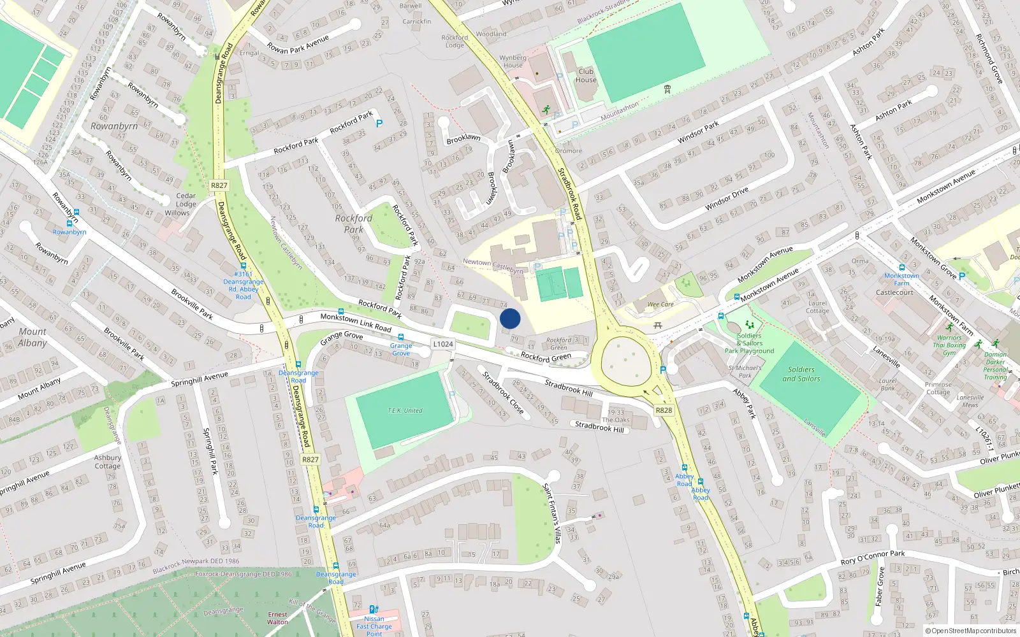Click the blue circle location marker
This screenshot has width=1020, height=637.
[510, 318]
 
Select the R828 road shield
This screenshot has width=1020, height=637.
[664, 410]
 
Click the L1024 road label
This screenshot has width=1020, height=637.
[443, 344]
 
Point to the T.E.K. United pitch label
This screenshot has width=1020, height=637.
[405, 411]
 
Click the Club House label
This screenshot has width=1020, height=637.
[586, 76]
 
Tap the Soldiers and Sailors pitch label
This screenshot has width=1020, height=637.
[801, 374]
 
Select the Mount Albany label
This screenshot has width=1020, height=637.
[33, 337]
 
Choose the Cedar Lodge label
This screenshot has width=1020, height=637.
[186, 200]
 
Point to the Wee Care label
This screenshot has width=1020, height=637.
[660, 304]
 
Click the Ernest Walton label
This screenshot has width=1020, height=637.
[277, 618]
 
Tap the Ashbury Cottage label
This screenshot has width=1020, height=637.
[108, 462]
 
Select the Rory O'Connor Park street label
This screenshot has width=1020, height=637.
[873, 557]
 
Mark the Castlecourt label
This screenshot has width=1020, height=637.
[894, 292]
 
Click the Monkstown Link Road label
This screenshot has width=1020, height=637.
[356, 322]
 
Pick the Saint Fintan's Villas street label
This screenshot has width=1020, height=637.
[551, 513]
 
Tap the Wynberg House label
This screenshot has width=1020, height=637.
[513, 61]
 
